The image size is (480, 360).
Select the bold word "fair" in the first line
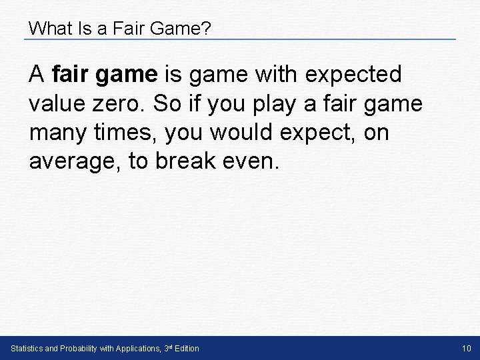point(73,75)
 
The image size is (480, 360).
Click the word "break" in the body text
point(187,162)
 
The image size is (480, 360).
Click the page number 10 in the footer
point(466,349)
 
